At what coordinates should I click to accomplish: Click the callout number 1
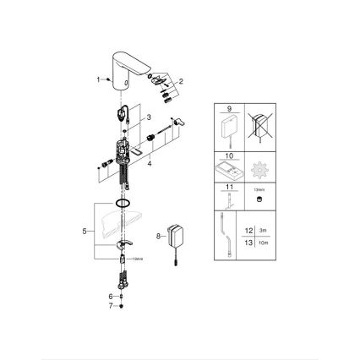tap(98, 79)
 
